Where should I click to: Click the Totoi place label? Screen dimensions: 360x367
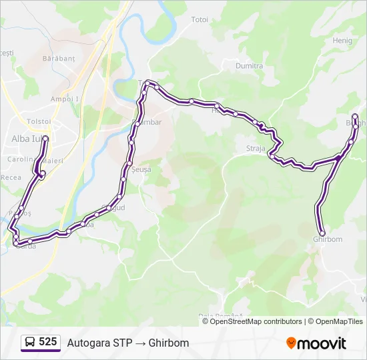200,19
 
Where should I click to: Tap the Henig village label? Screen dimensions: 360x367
342,40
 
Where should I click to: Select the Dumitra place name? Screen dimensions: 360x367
249,66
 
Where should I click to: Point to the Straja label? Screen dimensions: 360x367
255,149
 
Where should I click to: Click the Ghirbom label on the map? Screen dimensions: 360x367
327,239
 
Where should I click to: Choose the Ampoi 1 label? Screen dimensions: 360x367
65,99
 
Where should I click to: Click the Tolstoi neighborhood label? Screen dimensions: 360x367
39,121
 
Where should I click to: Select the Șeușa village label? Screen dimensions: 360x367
141,169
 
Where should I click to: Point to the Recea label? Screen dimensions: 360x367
11,177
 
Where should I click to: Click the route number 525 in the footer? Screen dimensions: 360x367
47,342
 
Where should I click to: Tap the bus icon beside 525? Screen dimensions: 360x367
30,342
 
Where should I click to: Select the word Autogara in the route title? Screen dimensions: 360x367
87,343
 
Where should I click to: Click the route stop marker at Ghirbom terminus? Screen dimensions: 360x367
322,233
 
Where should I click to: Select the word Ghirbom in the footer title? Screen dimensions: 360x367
168,343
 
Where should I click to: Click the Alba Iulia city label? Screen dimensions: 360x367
25,139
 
